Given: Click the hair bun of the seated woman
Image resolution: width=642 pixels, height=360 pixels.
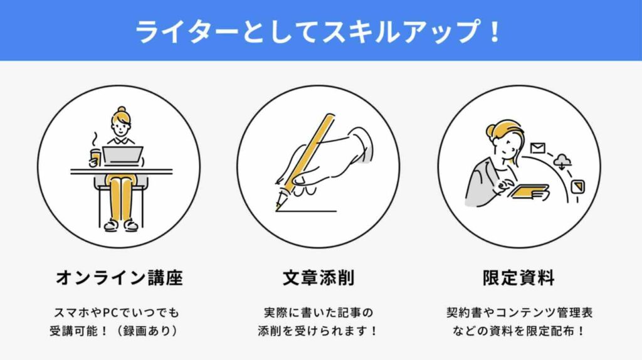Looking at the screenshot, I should click(121, 110).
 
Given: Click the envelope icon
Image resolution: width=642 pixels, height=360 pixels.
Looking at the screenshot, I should click(537, 148).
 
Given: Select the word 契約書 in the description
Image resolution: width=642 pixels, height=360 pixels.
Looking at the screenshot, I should click(465, 312).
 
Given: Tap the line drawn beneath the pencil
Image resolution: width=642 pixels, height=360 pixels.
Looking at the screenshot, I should click(307, 211).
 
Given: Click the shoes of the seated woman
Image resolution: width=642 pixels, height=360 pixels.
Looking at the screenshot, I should click(121, 225).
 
